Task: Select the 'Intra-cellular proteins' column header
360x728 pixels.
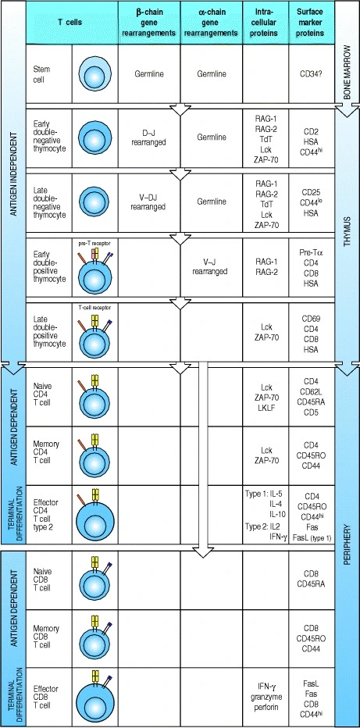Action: [x=266, y=23]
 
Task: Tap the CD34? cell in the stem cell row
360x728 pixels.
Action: [x=312, y=74]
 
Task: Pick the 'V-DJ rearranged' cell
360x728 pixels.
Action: [x=149, y=202]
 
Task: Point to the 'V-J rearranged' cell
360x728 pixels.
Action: [x=211, y=266]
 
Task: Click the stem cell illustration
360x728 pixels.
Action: [x=95, y=74]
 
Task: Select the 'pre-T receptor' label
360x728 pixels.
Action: [x=95, y=243]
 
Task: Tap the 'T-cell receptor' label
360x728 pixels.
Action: [x=95, y=307]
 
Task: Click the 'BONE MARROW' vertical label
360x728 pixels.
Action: [x=347, y=74]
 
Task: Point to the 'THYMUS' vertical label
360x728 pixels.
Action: [x=348, y=232]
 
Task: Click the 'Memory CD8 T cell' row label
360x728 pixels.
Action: [x=46, y=637]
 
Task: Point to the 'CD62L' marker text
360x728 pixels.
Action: [x=312, y=392]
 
